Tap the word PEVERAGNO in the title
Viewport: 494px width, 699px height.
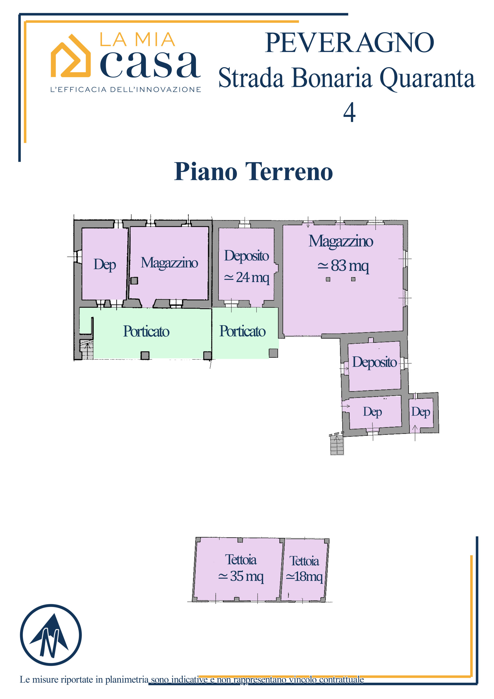tap(349, 43)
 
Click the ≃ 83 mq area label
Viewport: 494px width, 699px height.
tap(343, 265)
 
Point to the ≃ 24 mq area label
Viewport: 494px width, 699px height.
tap(246, 277)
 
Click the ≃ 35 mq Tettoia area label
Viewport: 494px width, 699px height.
tap(241, 576)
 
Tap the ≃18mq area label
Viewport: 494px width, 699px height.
tap(304, 576)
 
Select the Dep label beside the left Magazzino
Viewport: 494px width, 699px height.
tap(105, 264)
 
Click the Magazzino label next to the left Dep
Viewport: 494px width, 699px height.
tap(169, 262)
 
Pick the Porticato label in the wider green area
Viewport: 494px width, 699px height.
tap(146, 331)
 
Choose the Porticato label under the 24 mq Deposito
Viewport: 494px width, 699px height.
tap(242, 331)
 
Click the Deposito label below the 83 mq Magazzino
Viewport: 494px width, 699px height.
tap(374, 362)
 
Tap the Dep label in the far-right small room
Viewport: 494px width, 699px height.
tap(421, 412)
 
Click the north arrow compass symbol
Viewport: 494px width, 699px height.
tap(51, 635)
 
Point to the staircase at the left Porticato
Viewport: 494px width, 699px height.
tap(86, 349)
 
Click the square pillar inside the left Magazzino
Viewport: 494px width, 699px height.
tap(134, 280)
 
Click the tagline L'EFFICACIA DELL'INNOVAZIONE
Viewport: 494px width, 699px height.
tap(126, 90)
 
